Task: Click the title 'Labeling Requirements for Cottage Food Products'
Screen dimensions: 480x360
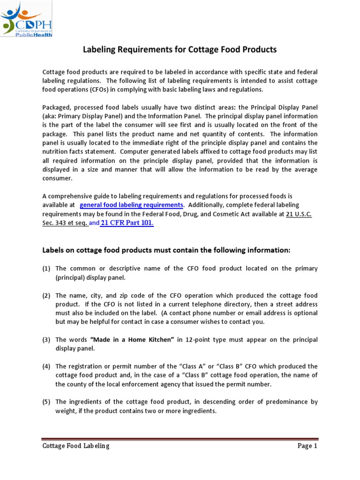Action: [180, 49]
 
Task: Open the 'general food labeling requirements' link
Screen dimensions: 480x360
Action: [131, 205]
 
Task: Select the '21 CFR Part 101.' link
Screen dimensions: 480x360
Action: [127, 223]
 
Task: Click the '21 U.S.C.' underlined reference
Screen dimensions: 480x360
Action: [299, 214]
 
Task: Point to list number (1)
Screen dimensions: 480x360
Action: [46, 269]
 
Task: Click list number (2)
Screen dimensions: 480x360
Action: [46, 295]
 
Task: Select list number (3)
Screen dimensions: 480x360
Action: [46, 339]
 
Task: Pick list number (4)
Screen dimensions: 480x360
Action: [46, 366]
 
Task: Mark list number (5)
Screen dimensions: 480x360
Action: [46, 402]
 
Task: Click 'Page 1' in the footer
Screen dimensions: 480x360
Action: [307, 446]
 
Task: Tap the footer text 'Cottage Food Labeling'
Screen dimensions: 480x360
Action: [75, 446]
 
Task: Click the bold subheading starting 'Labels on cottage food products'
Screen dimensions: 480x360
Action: [166, 251]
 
